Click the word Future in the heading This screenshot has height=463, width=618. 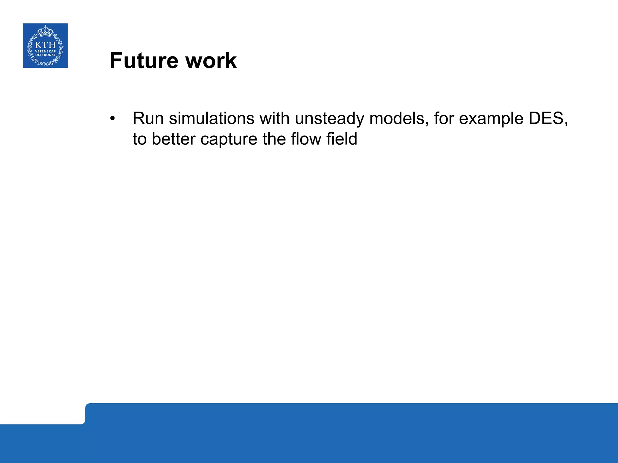pyautogui.click(x=144, y=61)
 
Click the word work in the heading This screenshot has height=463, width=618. pyautogui.click(x=211, y=61)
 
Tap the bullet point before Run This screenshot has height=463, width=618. pyautogui.click(x=113, y=118)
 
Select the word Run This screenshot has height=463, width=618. pyautogui.click(x=148, y=118)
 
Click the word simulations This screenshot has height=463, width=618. pyautogui.click(x=212, y=118)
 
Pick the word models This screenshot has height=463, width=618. pyautogui.click(x=399, y=118)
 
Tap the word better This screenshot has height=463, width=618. pyautogui.click(x=174, y=139)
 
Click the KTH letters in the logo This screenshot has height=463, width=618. pyautogui.click(x=45, y=45)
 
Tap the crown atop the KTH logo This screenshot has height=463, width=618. pyautogui.click(x=45, y=31)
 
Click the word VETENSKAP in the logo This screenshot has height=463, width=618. pyautogui.click(x=45, y=52)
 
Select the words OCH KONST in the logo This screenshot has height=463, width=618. pyautogui.click(x=45, y=55)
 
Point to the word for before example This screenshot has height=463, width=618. pyautogui.click(x=444, y=118)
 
